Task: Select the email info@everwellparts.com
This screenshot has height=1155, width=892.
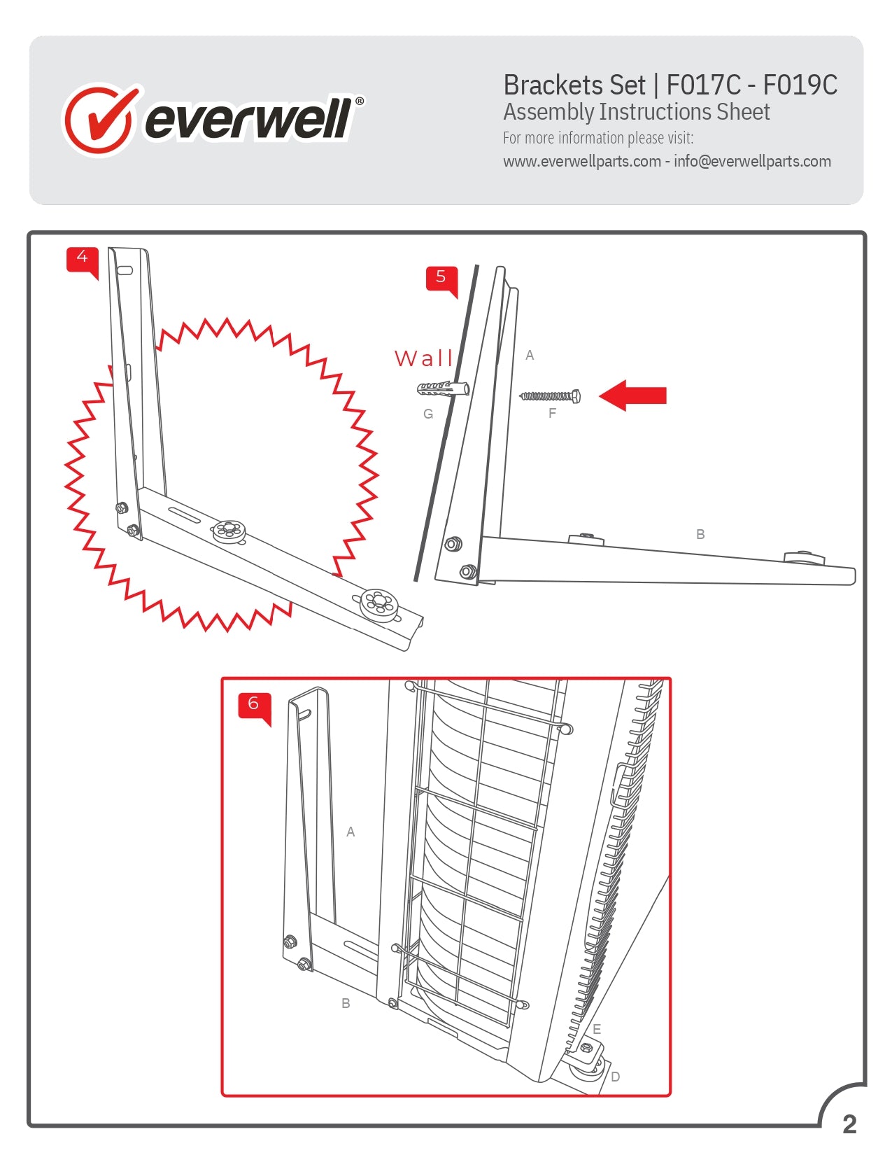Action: [x=752, y=162]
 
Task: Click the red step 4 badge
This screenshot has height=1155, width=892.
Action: [x=82, y=258]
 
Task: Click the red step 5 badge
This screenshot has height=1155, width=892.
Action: [x=441, y=277]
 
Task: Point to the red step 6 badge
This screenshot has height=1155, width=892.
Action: [x=253, y=703]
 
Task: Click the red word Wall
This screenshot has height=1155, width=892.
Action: [x=423, y=358]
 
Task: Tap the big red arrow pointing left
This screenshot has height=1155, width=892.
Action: [x=633, y=395]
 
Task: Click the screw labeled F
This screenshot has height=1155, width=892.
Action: [x=550, y=396]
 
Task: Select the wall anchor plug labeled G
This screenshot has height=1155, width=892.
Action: [x=442, y=388]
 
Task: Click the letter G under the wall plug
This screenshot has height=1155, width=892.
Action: [x=428, y=414]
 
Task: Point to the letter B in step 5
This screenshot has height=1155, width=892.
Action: [x=700, y=534]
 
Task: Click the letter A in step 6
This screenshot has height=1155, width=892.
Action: [x=351, y=832]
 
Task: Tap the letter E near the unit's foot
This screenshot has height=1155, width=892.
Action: [x=597, y=1029]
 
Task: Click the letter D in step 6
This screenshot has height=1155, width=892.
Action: [x=616, y=1077]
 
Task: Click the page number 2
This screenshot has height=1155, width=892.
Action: [x=849, y=1124]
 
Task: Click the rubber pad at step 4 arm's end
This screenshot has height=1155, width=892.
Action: [x=379, y=603]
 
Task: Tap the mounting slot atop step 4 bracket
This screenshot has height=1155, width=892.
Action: [x=125, y=269]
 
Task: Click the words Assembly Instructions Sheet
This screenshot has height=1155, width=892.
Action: [x=636, y=112]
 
